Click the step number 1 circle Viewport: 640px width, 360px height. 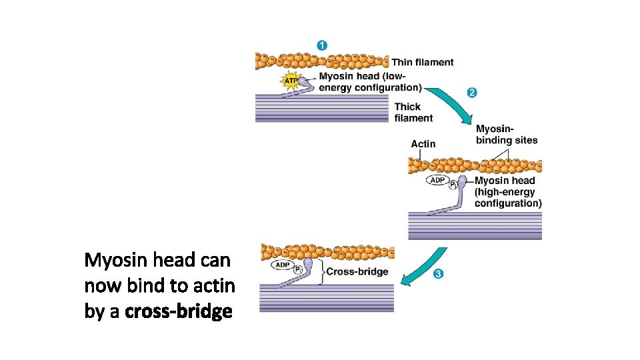tap(322, 45)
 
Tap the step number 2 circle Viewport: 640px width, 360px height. tap(472, 93)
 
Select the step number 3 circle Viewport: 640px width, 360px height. tap(438, 273)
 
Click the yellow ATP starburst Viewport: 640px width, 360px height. tap(291, 81)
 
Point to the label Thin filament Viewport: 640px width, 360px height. tap(422, 63)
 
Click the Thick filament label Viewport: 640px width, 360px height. tap(413, 112)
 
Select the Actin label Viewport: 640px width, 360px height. tap(423, 143)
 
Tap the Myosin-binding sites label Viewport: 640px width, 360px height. tap(506, 134)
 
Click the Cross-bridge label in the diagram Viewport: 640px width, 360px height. tap(357, 271)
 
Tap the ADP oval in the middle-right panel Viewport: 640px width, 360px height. tap(437, 180)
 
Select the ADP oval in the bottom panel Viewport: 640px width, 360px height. tap(282, 265)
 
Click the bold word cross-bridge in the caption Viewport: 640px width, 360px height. tap(179, 311)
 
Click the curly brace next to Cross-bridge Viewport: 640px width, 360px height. tap(321, 271)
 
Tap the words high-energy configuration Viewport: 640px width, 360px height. tap(508, 197)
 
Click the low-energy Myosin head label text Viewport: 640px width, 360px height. tap(370, 81)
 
